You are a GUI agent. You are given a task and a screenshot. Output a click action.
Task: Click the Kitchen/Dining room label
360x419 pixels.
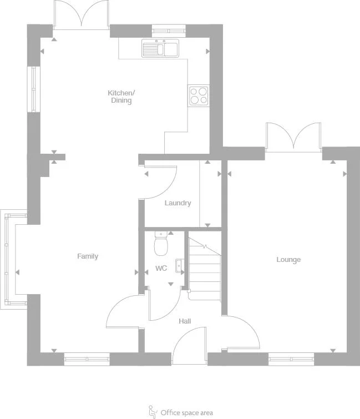pos(121,97)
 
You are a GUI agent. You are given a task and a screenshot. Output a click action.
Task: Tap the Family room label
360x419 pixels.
pos(88,256)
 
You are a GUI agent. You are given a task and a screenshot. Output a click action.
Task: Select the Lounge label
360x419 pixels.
pos(288,259)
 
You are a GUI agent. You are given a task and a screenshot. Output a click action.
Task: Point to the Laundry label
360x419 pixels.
pos(178,203)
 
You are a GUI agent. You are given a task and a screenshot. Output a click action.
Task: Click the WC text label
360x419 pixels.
pos(161,269)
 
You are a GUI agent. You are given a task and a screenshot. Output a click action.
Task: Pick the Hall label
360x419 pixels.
pos(185,321)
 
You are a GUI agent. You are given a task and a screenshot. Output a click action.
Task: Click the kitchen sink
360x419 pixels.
pos(160,49)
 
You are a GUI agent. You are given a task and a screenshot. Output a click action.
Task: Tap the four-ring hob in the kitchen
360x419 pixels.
pos(199,96)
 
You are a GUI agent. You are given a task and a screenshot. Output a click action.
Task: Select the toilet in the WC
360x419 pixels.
pos(161,243)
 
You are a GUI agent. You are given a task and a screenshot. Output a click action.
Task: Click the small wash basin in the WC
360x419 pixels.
pos(179,266)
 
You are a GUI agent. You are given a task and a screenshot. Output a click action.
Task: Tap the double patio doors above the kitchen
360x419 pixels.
pos(82,14)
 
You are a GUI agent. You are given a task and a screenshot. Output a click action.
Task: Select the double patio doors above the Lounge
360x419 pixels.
pos(293,137)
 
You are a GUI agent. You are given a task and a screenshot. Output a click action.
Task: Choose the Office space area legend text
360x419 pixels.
pos(186,412)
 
